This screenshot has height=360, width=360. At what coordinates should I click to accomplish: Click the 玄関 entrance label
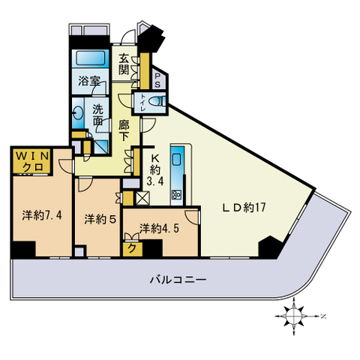[x=124, y=64]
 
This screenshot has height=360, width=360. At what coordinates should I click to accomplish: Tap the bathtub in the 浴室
[x=91, y=58]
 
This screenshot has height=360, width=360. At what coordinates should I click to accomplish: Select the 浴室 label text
[x=89, y=81]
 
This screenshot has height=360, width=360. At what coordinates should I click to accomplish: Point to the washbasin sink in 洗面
[x=78, y=114]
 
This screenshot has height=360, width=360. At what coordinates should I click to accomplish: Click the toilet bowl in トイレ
[x=155, y=101]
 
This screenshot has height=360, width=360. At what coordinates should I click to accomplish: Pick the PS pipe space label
[x=157, y=80]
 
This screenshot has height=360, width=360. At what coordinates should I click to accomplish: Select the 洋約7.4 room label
[x=42, y=215]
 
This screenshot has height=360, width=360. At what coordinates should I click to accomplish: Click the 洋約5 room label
[x=100, y=219]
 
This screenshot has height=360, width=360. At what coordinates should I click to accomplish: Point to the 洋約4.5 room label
[x=159, y=229]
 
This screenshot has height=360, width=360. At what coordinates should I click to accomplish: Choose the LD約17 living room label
[x=244, y=207]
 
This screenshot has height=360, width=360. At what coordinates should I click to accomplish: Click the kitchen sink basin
[x=177, y=159]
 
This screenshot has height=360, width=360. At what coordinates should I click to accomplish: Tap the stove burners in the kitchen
[x=176, y=194]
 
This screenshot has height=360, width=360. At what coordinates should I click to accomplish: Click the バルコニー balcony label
[x=178, y=279]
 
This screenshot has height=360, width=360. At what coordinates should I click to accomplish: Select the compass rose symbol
[x=295, y=316]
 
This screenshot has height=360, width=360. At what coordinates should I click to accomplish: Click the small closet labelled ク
[x=133, y=248]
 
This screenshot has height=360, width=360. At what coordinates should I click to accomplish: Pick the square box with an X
[x=142, y=198]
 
